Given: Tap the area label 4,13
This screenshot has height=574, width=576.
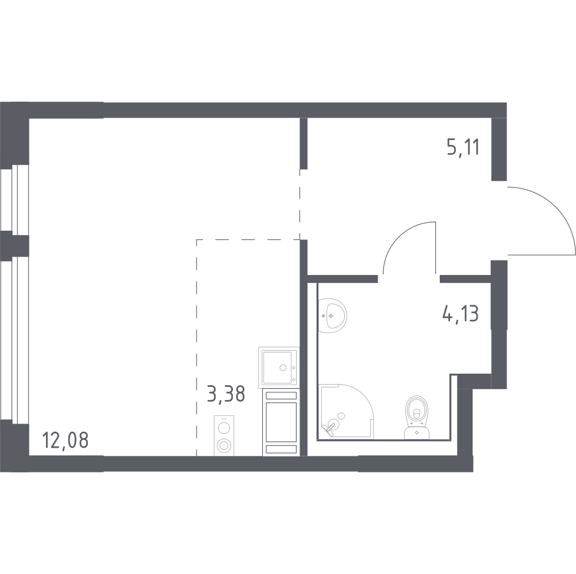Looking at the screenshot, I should (460, 314).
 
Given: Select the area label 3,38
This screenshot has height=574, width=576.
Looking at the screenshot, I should (225, 394).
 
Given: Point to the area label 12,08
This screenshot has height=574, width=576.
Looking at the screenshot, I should (66, 443).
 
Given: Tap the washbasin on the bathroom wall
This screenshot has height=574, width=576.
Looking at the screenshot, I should (332, 315).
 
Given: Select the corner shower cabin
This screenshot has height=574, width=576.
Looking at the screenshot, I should (345, 411).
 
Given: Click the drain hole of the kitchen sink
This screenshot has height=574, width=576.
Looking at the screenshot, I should (283, 367).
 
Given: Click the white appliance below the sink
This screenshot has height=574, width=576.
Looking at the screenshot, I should (281, 422).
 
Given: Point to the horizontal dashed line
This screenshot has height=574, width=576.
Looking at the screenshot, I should (247, 239).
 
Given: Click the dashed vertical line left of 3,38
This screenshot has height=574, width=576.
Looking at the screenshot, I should (197, 344).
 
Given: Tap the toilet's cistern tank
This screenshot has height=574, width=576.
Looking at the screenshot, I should (416, 432).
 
